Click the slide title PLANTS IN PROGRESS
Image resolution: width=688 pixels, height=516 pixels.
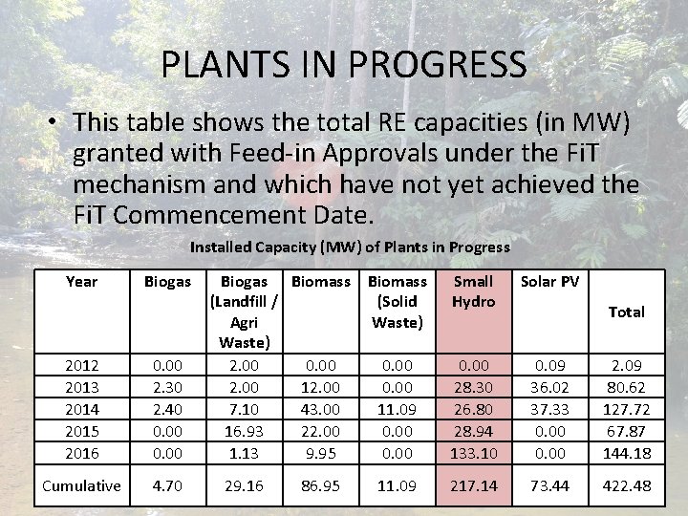343,65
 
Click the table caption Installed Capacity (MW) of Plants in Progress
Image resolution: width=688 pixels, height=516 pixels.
350,247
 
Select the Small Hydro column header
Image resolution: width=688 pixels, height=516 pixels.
473,290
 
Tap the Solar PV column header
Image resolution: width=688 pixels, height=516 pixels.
549,281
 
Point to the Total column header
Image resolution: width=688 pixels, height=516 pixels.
626,312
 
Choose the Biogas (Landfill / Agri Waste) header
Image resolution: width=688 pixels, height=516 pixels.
244,312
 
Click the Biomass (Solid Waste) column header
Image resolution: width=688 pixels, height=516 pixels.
398,301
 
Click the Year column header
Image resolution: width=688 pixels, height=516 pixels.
81,281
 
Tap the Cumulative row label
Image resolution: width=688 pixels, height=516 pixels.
81,485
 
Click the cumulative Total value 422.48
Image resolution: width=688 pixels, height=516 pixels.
626,485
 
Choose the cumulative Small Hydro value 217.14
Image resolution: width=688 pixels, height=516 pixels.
473,485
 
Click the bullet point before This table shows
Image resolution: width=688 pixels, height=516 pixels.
54,123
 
